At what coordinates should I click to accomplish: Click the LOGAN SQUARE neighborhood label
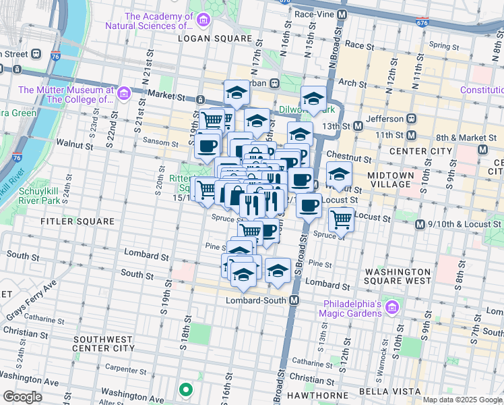(x=214, y=38)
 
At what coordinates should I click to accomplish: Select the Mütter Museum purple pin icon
(x=123, y=92)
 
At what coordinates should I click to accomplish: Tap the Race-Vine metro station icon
(x=342, y=13)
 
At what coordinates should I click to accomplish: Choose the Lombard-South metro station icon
(x=294, y=300)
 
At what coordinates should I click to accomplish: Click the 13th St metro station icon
(x=358, y=126)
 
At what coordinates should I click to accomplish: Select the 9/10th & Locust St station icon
(x=420, y=224)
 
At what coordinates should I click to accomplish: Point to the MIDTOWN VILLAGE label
(x=389, y=180)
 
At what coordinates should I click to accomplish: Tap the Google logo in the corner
(x=22, y=396)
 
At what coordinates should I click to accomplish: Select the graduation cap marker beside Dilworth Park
(x=313, y=99)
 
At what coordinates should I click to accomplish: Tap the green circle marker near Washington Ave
(x=185, y=389)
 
